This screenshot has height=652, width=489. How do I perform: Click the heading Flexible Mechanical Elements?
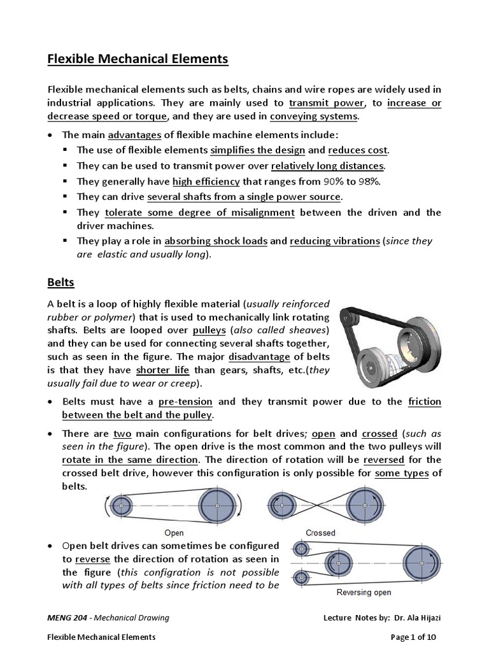coord(138,59)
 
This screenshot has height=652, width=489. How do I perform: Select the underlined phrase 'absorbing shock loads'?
coord(216,241)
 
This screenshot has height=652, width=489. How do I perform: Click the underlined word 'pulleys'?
coord(208,330)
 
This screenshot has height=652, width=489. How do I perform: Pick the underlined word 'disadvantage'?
coord(260,357)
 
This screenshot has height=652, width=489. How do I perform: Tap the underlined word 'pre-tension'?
coord(185,402)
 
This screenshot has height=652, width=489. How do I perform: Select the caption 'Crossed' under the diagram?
coord(320,532)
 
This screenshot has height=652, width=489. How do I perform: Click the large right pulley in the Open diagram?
coord(217,506)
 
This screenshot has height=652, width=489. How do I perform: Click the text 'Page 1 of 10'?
coord(414,636)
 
